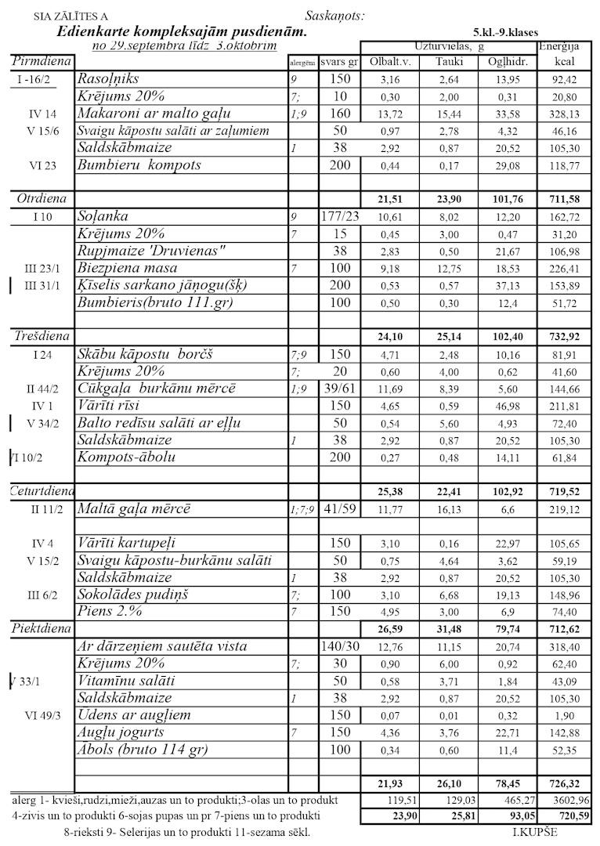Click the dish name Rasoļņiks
click(107, 79)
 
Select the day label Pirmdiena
click(41, 61)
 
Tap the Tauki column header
click(449, 61)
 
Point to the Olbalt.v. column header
click(389, 61)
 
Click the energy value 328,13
click(563, 114)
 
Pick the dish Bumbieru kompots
click(139, 165)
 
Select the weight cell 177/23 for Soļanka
click(339, 216)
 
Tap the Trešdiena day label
click(42, 336)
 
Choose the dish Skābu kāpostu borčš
click(146, 354)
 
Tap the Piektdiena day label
click(41, 628)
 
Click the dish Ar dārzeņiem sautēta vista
click(162, 646)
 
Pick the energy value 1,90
click(563, 716)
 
